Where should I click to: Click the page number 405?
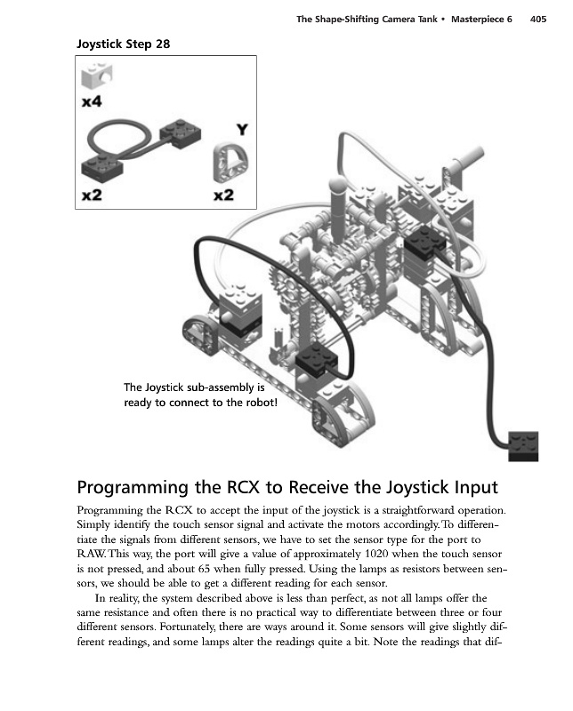538,19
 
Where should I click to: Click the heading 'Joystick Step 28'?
123,44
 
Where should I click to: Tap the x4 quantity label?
92,101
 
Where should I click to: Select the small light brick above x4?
97,76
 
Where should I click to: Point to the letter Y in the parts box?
242,130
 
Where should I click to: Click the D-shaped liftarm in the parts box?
230,163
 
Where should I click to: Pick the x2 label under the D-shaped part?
223,195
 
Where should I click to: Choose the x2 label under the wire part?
92,195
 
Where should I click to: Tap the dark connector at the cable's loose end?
523,447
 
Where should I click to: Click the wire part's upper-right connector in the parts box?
181,131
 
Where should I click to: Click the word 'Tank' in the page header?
427,19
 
